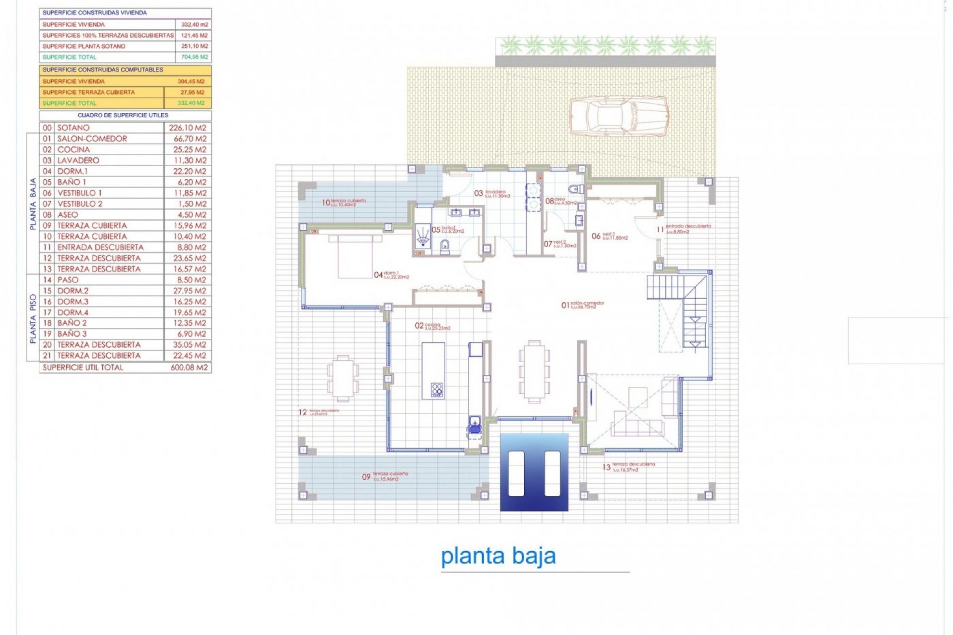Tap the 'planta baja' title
click(498, 556)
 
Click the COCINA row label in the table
click(73, 150)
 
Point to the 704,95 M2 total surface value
click(194, 57)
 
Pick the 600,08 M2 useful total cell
click(189, 368)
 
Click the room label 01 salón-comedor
click(583, 305)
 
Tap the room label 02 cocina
click(432, 326)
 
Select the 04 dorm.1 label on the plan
click(391, 275)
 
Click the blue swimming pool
click(534, 472)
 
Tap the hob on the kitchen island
click(437, 389)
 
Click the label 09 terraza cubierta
click(385, 476)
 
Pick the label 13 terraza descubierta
click(628, 467)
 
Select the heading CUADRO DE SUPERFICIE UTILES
click(123, 116)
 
